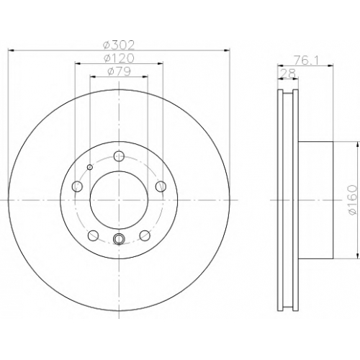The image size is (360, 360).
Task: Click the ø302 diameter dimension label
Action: [119, 45]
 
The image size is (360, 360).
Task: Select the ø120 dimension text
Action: [119, 58]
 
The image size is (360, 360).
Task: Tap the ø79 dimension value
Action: [119, 71]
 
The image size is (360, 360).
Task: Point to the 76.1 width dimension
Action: [305, 60]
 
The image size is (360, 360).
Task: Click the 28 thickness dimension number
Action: [289, 73]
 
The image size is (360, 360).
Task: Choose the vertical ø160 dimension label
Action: [353, 200]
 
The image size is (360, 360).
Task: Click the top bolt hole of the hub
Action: [119, 156]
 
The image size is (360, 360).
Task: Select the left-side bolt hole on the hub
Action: [78, 186]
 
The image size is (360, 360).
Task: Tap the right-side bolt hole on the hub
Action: [161, 186]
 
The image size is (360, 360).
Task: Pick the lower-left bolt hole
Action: [94, 235]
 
